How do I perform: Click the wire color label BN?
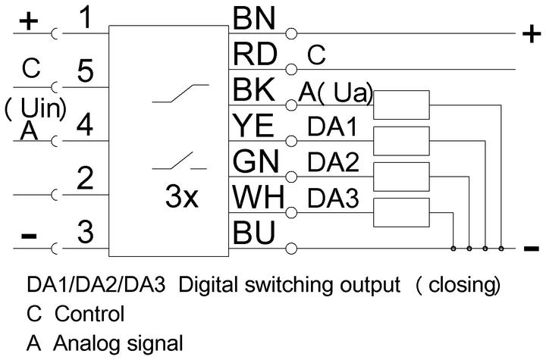pos(254,18)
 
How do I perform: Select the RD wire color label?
pos(255,54)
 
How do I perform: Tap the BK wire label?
pos(253,89)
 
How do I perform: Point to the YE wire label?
pos(253,125)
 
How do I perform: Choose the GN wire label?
pos(256,161)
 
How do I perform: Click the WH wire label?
pos(259,197)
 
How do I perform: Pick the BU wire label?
pos(254,233)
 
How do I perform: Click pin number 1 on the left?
pos(85,17)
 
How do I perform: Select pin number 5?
pos(85,70)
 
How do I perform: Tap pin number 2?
pos(85,178)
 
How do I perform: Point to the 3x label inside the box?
pos(182,196)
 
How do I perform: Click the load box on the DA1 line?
pos(401,141)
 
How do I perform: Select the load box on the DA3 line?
pos(401,213)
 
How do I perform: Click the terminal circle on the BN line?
pos(291,34)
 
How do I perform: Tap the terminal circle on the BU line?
pos(291,249)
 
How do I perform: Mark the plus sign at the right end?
pos(532,34)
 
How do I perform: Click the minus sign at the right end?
pos(532,249)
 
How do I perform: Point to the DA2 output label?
pos(333,163)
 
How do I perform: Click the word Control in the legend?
pos(89,314)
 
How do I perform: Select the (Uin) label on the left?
pos(36,108)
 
